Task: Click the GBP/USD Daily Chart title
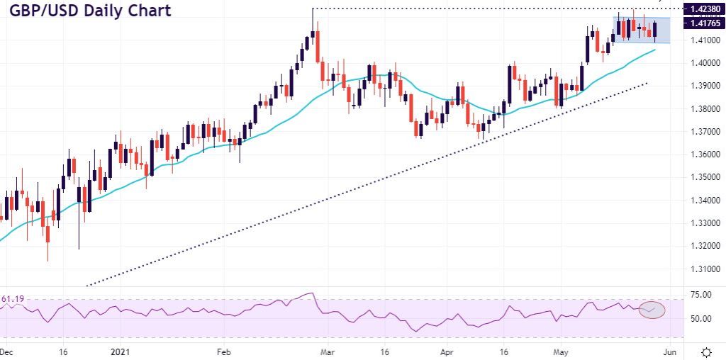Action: coord(90,12)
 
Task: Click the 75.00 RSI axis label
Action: coord(692,295)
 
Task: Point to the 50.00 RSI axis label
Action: coord(692,319)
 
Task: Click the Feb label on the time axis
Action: coord(223,351)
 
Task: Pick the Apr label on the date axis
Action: coord(446,351)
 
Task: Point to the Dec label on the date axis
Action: coord(5,351)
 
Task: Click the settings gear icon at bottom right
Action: coord(706,351)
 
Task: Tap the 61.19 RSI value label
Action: coord(13,300)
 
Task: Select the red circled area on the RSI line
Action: coord(652,310)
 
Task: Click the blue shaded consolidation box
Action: coord(642,29)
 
